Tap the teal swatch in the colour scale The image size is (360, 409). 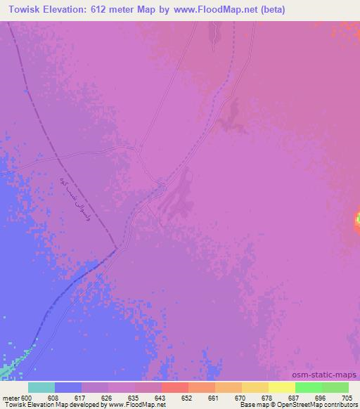pos(41,387)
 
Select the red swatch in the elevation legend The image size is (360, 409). pos(175,387)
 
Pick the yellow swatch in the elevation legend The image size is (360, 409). pos(282,387)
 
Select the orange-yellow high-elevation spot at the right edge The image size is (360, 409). pos(357,223)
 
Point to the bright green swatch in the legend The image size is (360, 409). pos(309,387)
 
